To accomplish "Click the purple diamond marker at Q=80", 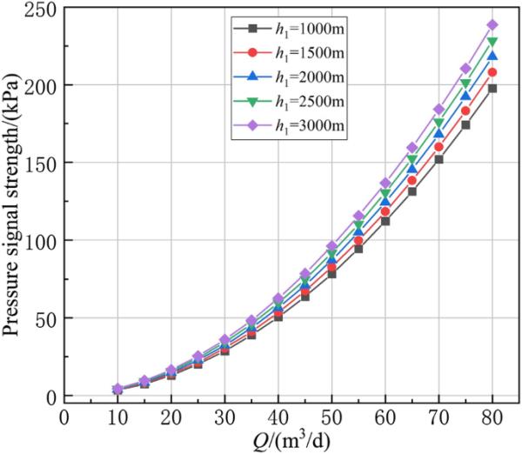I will click(x=492, y=24).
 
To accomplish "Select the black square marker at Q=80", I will click(x=492, y=89).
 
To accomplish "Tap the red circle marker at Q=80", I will click(x=492, y=72).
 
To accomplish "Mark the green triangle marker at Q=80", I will click(x=492, y=42).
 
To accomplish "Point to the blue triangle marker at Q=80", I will click(x=492, y=57).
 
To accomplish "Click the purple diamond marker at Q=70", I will click(x=438, y=110).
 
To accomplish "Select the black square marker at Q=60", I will click(x=385, y=221).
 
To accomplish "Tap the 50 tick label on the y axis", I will click(x=49, y=318).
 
